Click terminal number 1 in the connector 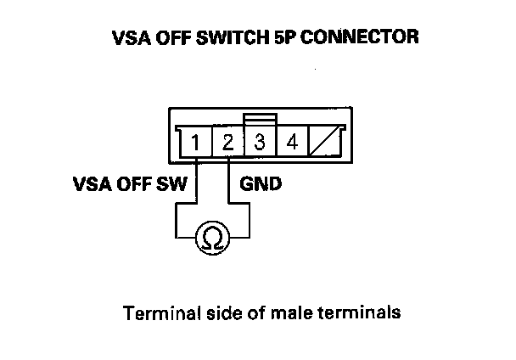(x=196, y=143)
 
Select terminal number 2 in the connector (x=228, y=143)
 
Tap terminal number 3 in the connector (x=261, y=142)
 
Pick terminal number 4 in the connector (x=292, y=142)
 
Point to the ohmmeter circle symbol (x=207, y=240)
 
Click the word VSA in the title (x=129, y=38)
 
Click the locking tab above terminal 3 (x=259, y=119)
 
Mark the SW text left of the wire (x=175, y=183)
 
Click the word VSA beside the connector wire (x=89, y=183)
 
